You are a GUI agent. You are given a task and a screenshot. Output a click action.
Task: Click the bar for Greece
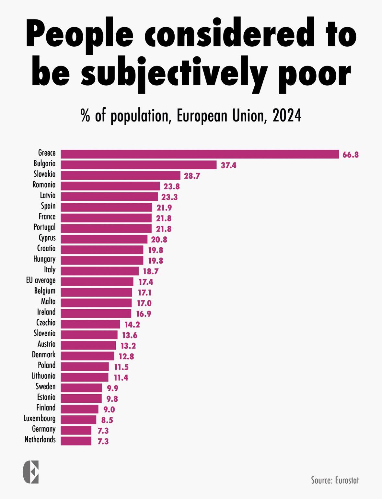[x=200, y=154]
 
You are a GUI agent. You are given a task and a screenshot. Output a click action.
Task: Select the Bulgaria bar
[x=138, y=165]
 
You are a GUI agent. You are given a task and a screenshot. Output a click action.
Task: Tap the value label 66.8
[x=351, y=155]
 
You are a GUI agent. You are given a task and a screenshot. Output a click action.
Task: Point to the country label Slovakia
[x=44, y=174]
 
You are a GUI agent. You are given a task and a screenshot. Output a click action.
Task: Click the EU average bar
[x=97, y=282]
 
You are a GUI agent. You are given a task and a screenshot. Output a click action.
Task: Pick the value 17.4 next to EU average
[x=146, y=282]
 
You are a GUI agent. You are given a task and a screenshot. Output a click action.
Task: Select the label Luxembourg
[x=40, y=419]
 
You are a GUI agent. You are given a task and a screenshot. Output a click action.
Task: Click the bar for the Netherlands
[x=76, y=441]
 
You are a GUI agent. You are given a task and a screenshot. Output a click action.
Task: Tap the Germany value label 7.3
[x=103, y=431]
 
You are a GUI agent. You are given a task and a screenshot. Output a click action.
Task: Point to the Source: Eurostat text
[x=335, y=480]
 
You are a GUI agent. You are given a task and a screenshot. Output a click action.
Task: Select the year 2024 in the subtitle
[x=287, y=116]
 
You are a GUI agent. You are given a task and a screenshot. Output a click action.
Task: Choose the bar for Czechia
[x=90, y=324]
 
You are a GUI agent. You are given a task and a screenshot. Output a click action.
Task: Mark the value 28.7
[x=192, y=176]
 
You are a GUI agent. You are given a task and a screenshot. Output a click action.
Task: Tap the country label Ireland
[x=46, y=312]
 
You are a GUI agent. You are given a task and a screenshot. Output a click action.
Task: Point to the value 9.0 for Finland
[x=109, y=410]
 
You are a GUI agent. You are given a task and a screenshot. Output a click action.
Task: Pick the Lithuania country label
[x=43, y=376]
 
